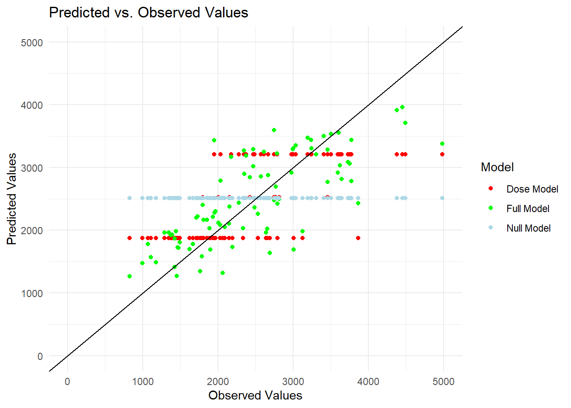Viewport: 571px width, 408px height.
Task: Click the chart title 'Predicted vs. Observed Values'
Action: coord(148,12)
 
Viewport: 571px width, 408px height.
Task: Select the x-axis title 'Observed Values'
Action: coord(255,396)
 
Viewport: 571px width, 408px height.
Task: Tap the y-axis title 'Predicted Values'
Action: coord(11,199)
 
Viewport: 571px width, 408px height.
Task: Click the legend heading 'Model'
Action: coord(497,167)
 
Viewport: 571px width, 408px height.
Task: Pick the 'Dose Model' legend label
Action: coord(532,189)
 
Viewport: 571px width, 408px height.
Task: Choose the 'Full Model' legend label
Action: coord(528,209)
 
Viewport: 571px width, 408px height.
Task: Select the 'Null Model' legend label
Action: coord(529,228)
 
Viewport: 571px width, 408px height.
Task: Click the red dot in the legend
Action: coord(491,188)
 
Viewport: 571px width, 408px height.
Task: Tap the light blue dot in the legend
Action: coord(491,227)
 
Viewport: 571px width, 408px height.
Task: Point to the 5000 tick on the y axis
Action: coord(32,42)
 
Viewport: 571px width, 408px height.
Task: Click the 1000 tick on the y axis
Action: coord(32,294)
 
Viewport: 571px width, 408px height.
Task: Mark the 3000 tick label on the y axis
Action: coord(32,168)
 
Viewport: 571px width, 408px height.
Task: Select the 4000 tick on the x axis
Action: coord(368,382)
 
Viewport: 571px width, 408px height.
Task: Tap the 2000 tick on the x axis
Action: coord(218,382)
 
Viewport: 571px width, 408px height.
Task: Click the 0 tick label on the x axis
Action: coord(67,382)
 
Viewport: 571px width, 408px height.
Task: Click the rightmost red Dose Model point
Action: coord(442,154)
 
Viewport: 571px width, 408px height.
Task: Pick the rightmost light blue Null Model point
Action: coord(442,198)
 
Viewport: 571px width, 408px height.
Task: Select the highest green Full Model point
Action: coord(402,107)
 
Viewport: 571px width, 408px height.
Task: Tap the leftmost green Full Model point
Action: coord(130,276)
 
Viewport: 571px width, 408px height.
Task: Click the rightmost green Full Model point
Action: coord(442,144)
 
